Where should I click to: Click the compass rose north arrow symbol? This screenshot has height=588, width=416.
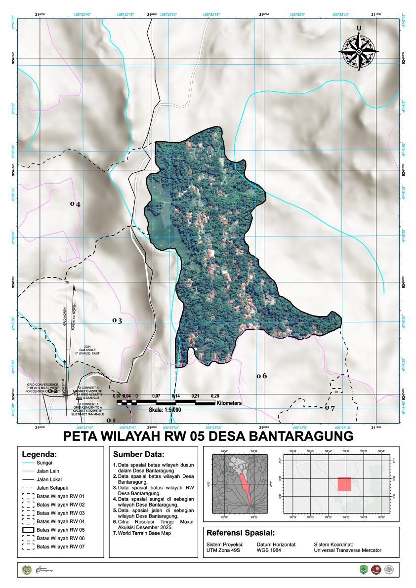pyautogui.click(x=359, y=50)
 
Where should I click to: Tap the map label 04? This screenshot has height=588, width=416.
pyautogui.click(x=75, y=203)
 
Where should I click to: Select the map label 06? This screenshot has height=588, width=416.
pyautogui.click(x=261, y=376)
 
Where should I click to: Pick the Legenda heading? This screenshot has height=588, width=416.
pyautogui.click(x=40, y=454)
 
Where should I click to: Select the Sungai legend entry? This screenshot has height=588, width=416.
pyautogui.click(x=44, y=463)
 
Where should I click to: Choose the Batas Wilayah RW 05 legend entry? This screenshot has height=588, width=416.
pyautogui.click(x=61, y=530)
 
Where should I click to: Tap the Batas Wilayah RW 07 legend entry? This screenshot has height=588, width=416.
pyautogui.click(x=61, y=547)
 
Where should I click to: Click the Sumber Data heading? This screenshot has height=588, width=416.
pyautogui.click(x=138, y=454)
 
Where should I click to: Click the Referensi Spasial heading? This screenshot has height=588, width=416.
pyautogui.click(x=240, y=533)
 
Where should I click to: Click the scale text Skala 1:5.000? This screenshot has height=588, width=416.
pyautogui.click(x=165, y=410)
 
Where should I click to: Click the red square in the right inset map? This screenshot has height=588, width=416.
pyautogui.click(x=344, y=484)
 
